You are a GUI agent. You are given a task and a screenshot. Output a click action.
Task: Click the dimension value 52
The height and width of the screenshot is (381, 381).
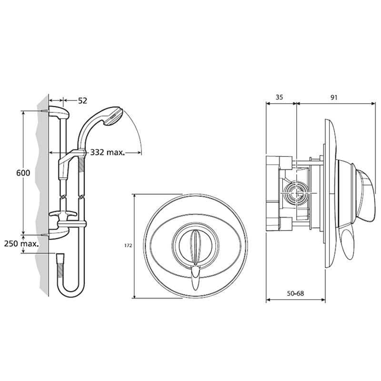tap(82, 100)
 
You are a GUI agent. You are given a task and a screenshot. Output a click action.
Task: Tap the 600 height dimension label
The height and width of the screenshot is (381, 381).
tap(23, 173)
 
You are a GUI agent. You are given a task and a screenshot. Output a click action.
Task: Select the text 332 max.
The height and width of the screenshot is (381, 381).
tap(108, 152)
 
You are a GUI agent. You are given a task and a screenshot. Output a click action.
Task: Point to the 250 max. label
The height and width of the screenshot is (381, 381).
tap(21, 243)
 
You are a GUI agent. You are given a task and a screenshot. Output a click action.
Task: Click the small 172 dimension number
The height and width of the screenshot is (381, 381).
tap(128, 246)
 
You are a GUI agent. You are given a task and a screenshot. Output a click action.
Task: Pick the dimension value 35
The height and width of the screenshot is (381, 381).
tap(280, 97)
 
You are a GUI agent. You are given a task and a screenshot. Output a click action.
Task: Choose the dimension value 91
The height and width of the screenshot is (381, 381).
tap(334, 97)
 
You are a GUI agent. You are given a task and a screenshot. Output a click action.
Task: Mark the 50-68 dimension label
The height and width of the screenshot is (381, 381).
tap(295, 293)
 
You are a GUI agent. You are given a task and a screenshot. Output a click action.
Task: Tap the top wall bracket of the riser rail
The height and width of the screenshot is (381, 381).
tap(59, 112)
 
